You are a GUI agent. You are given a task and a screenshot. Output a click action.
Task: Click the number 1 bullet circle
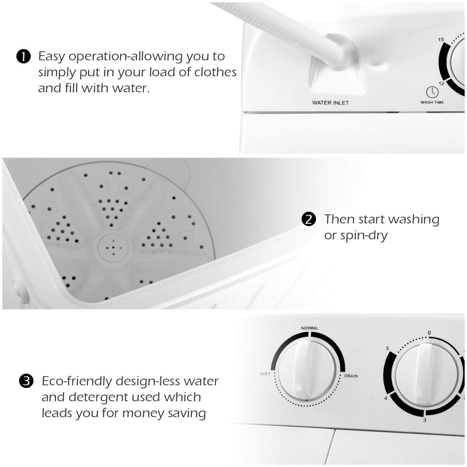(23, 57)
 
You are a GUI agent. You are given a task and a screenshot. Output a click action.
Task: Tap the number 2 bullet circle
(309, 219)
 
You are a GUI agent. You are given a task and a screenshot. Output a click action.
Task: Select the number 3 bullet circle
(26, 381)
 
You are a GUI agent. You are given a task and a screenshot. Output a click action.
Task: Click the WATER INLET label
(330, 103)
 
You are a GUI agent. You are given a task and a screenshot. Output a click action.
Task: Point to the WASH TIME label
(432, 102)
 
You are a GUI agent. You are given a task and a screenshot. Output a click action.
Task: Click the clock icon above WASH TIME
(432, 92)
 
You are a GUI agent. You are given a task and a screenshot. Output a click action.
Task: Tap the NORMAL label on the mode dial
(309, 328)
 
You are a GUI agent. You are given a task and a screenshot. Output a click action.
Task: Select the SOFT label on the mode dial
(265, 374)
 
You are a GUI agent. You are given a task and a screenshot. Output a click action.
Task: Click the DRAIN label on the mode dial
(351, 376)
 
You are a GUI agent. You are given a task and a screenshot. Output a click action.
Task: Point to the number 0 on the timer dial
(429, 333)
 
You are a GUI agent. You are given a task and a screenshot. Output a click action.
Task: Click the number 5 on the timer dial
(387, 348)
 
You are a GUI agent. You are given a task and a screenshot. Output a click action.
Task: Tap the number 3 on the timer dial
(425, 420)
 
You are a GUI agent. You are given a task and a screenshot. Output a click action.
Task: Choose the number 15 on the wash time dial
(441, 39)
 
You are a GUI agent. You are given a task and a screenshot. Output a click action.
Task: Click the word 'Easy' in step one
(51, 56)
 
